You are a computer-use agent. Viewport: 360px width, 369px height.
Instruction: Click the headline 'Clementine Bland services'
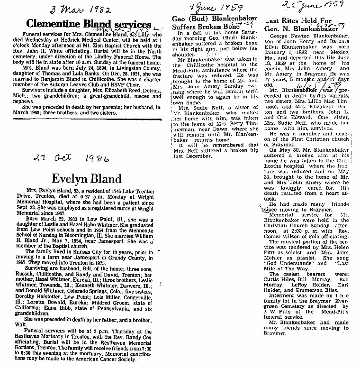click(88, 24)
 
